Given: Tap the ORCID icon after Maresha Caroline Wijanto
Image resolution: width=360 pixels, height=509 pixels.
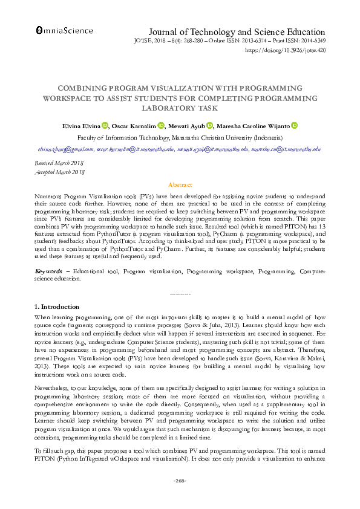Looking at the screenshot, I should (x=295, y=126).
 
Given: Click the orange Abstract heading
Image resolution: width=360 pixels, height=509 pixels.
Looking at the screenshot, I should (x=180, y=184).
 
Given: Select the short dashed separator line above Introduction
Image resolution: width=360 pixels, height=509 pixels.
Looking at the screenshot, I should (x=180, y=293).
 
